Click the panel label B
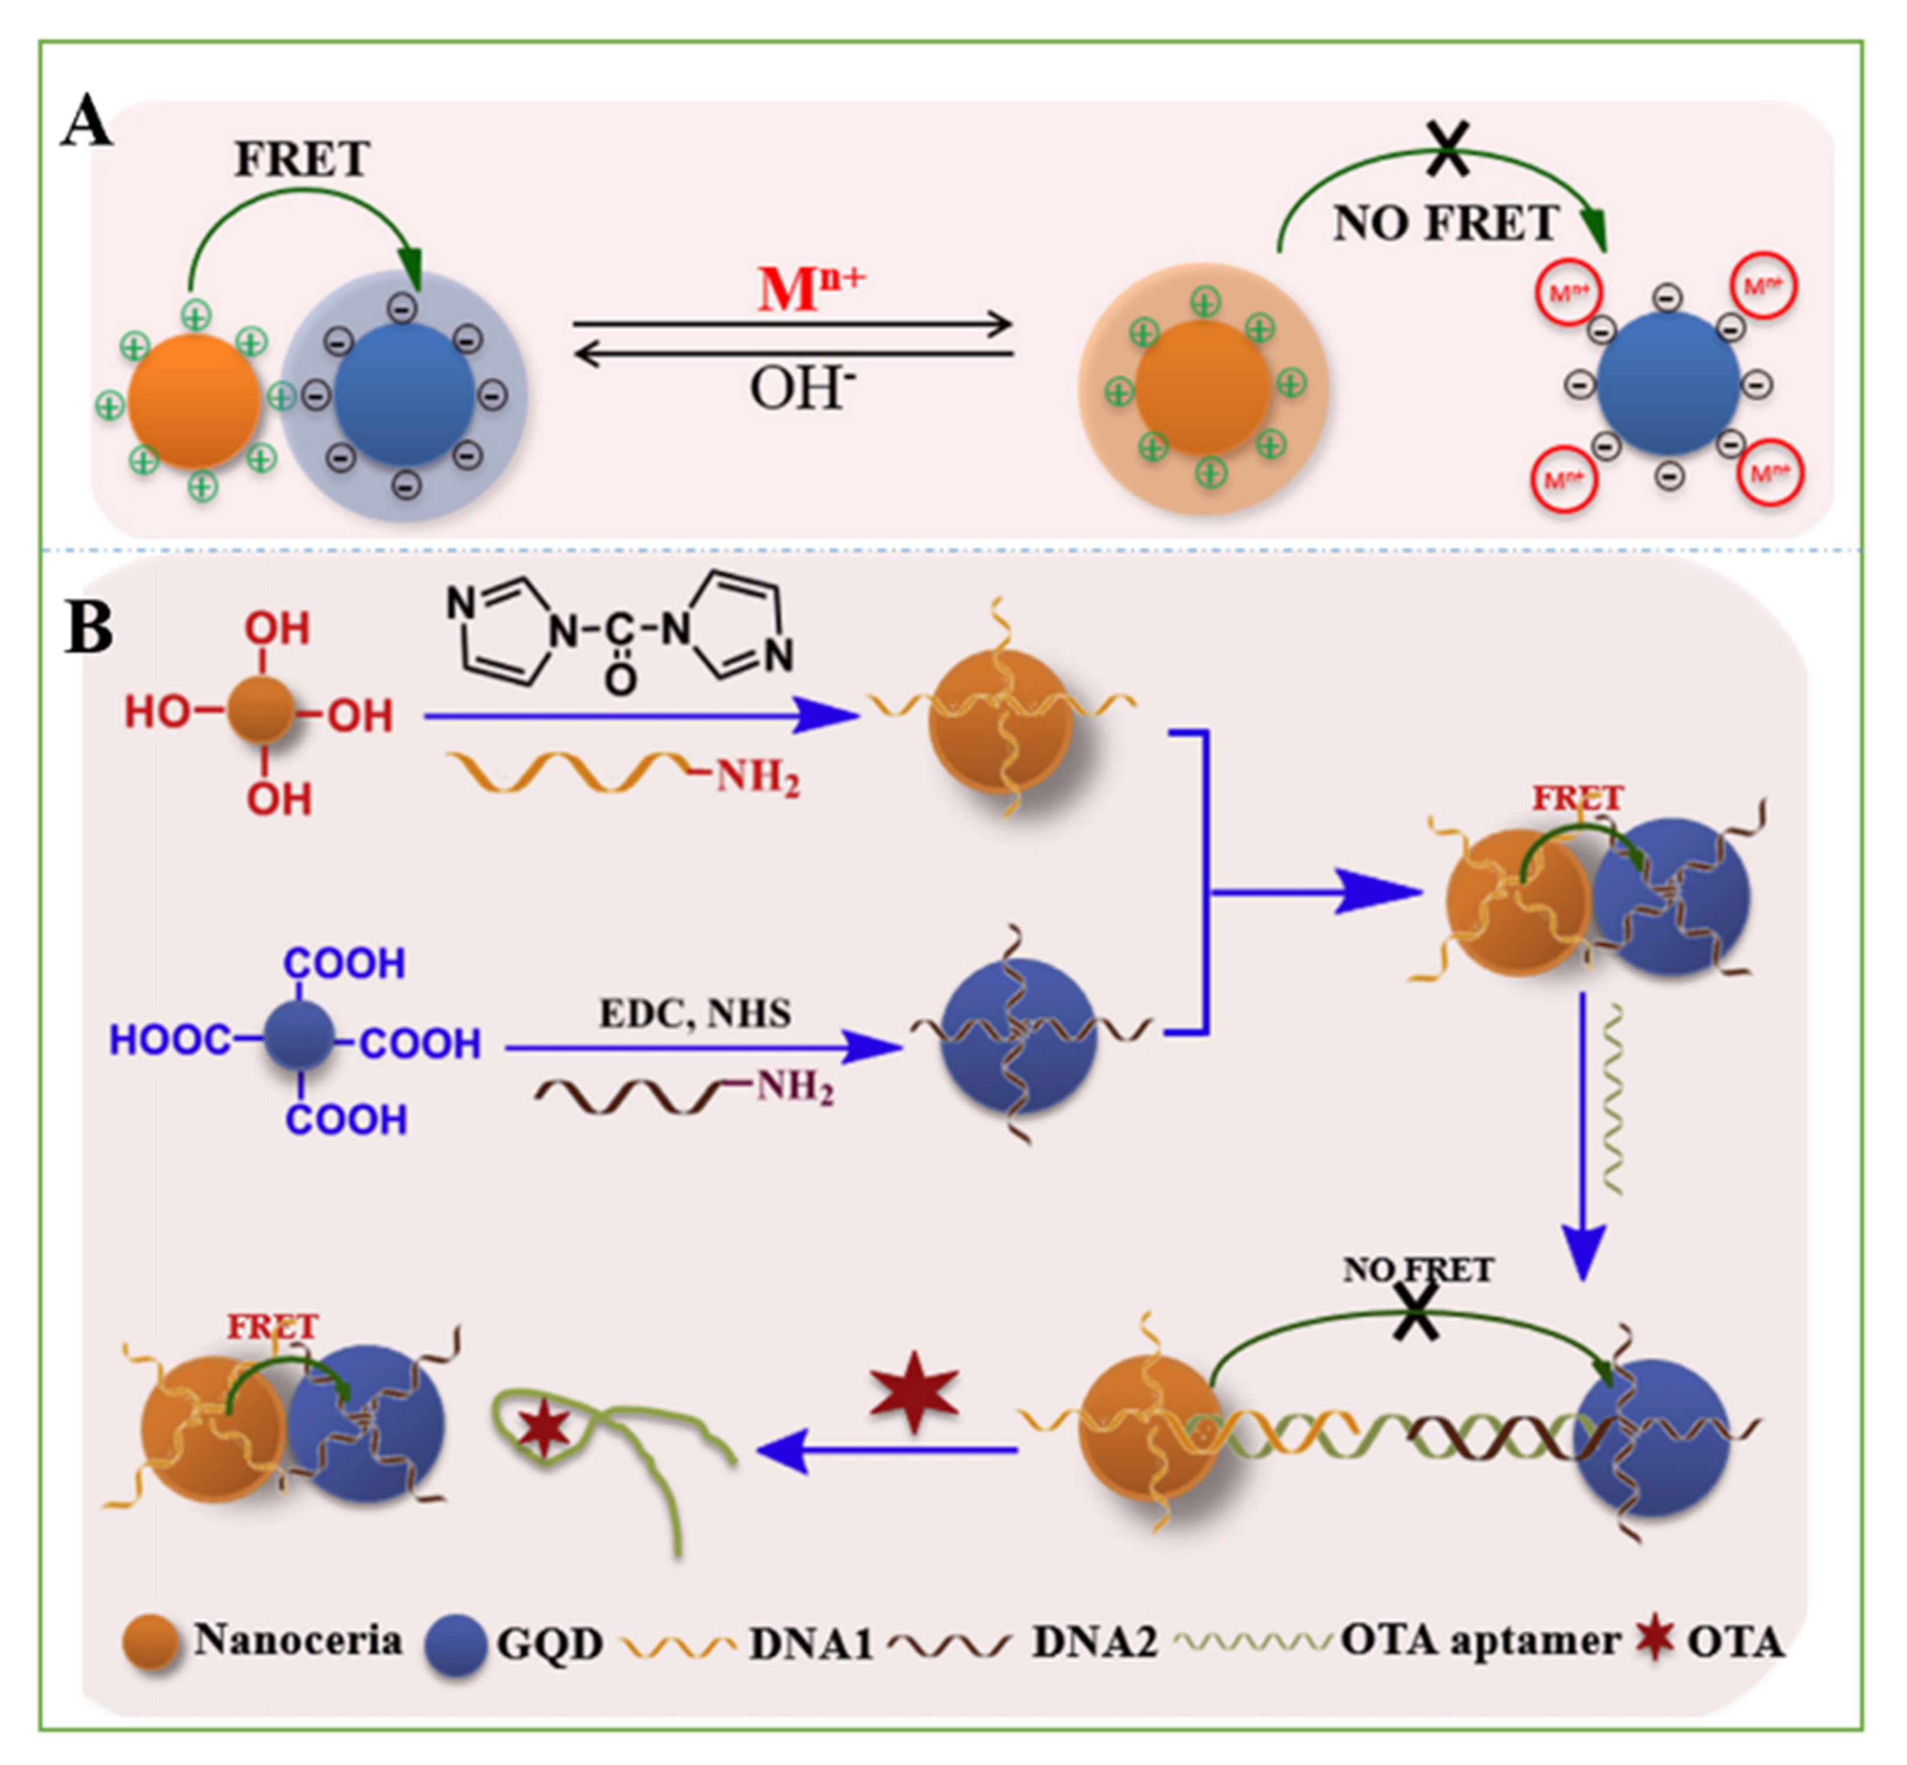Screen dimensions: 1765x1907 click(x=89, y=628)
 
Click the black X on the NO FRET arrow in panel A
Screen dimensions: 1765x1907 click(x=1447, y=150)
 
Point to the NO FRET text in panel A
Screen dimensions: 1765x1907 click(x=1445, y=223)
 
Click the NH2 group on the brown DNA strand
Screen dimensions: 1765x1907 click(x=795, y=1087)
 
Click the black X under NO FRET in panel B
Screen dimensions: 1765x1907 click(x=1416, y=1311)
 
